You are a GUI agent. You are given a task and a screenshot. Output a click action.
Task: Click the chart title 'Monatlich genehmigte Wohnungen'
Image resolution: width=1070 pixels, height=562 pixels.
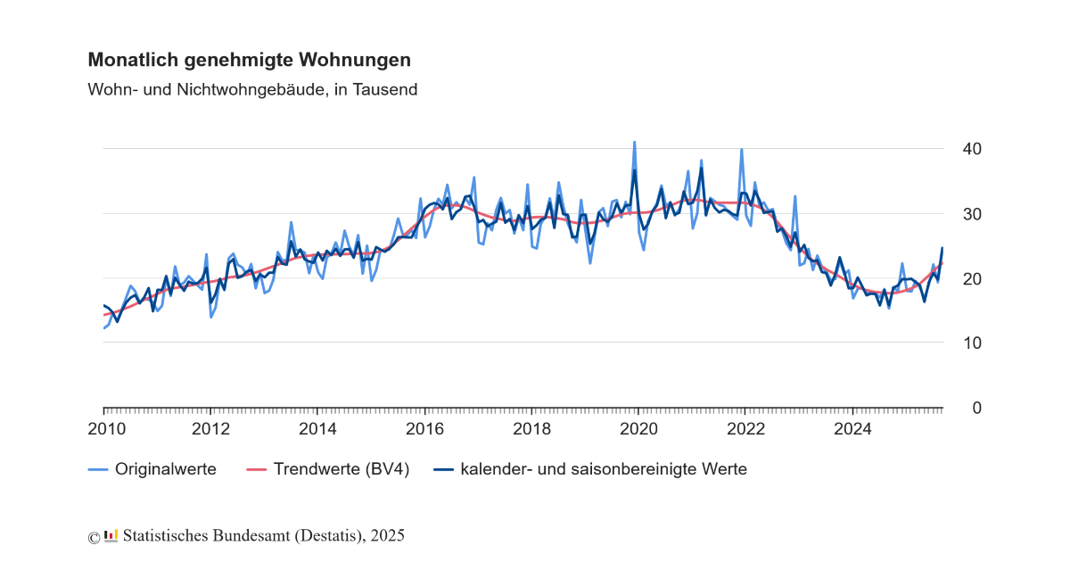(249, 60)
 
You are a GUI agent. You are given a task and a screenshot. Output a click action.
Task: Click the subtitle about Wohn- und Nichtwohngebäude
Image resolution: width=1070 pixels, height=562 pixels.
(252, 89)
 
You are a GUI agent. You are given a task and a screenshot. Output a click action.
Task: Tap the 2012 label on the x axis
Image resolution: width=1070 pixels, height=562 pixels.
(210, 429)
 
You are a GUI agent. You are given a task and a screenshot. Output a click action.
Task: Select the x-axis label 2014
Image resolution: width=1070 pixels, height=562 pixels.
(317, 429)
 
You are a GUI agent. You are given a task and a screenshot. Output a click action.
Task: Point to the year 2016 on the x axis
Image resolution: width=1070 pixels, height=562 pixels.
(424, 429)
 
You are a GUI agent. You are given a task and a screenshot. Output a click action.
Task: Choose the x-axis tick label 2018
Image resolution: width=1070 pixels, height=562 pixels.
(531, 429)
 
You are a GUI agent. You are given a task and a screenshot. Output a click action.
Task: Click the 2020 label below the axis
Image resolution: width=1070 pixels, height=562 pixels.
(638, 429)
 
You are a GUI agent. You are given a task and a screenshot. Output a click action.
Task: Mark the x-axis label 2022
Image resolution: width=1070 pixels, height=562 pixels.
(745, 429)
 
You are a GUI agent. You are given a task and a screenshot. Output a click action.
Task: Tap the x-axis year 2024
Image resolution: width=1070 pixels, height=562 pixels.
(852, 429)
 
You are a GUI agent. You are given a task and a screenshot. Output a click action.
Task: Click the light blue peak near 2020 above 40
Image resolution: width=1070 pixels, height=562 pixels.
(634, 143)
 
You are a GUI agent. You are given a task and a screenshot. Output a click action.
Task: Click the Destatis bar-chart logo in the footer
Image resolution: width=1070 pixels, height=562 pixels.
(111, 535)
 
